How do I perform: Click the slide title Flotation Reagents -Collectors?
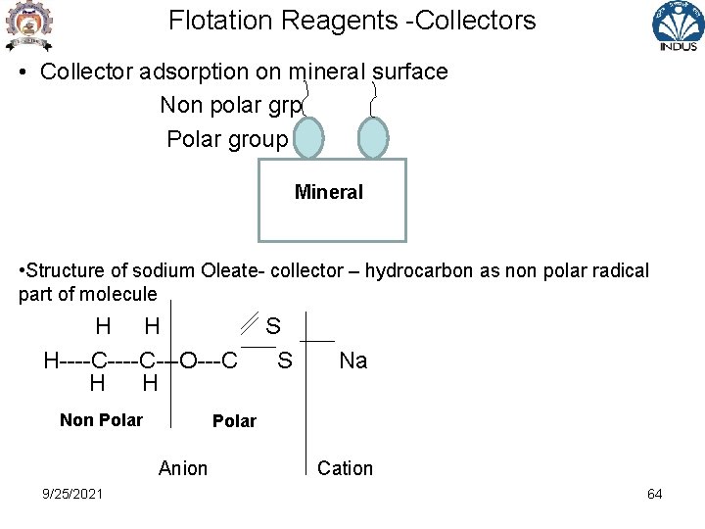[x=352, y=21]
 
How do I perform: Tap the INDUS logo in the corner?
[x=678, y=26]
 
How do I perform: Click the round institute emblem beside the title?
[x=27, y=25]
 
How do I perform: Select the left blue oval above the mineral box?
[x=309, y=138]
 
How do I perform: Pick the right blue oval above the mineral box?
[x=373, y=138]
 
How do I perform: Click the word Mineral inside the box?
[x=329, y=192]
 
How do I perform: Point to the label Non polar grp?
[x=232, y=105]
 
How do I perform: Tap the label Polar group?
[x=227, y=139]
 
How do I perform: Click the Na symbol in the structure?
[x=352, y=361]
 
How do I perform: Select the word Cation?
[x=345, y=468]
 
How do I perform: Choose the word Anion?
[x=183, y=468]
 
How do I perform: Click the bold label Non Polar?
[x=101, y=420]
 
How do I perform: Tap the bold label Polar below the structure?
[x=234, y=421]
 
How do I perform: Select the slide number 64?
[x=654, y=494]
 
